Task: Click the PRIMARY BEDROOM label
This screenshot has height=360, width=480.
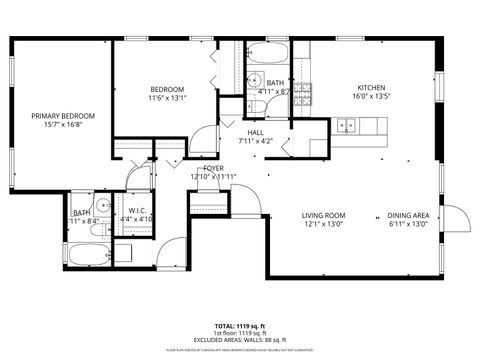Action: [56, 117]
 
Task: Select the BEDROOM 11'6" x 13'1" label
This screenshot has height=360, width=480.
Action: [168, 92]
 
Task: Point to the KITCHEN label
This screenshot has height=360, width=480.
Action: [371, 88]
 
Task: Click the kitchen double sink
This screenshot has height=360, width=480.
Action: [348, 126]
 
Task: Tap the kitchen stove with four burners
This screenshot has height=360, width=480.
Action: [302, 94]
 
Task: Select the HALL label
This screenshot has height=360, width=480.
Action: [256, 131]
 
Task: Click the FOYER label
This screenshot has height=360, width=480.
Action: [212, 168]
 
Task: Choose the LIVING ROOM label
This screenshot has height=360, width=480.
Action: [324, 215]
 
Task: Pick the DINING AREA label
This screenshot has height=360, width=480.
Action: [408, 215]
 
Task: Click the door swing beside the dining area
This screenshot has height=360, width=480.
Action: [455, 218]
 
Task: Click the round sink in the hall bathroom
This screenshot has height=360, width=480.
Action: [255, 80]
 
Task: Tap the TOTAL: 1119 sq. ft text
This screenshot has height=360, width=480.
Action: [240, 326]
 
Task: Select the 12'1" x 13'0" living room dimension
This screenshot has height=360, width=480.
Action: [324, 225]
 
